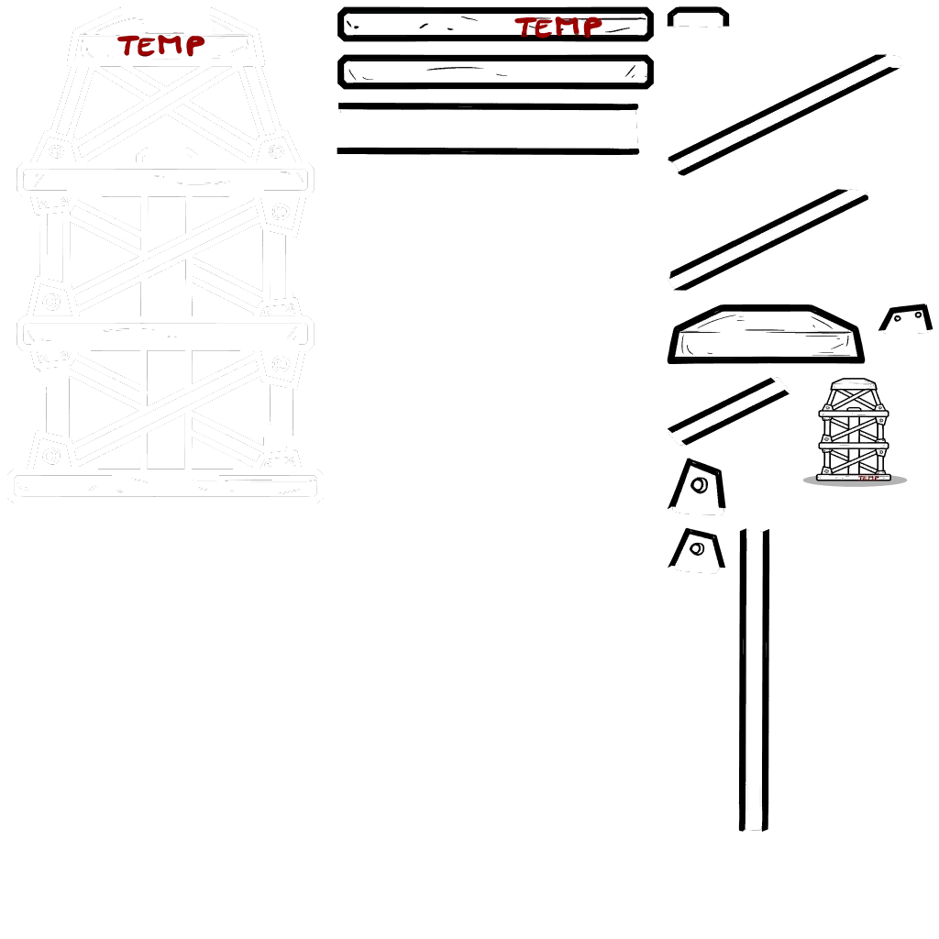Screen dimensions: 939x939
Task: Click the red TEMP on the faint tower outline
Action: tap(161, 46)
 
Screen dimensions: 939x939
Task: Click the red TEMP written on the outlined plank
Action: tap(558, 27)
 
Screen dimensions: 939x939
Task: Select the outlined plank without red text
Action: tap(495, 72)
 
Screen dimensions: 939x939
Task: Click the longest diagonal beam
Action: tap(785, 115)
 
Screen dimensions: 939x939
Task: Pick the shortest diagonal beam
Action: tap(728, 412)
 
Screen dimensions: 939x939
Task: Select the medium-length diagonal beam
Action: tap(768, 240)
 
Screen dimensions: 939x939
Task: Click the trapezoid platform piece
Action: tap(766, 334)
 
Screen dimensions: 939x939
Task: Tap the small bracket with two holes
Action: tap(906, 317)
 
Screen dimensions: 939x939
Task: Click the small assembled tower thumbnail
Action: tap(854, 429)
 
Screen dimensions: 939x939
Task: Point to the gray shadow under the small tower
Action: tap(855, 481)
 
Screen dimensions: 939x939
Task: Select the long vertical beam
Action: tap(754, 679)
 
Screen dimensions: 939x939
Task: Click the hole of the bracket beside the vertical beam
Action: tap(697, 548)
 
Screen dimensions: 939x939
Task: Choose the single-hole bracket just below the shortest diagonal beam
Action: tap(697, 486)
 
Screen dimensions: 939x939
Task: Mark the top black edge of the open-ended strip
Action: tap(488, 106)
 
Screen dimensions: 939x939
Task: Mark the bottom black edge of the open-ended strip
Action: tap(488, 151)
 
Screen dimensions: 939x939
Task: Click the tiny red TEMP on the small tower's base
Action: tap(868, 478)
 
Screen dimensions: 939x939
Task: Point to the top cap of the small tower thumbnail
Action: tap(854, 383)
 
